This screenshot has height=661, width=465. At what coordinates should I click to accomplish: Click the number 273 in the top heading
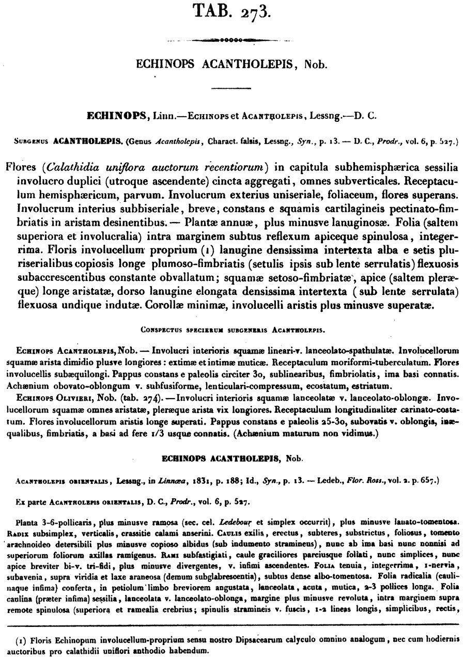[253, 10]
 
